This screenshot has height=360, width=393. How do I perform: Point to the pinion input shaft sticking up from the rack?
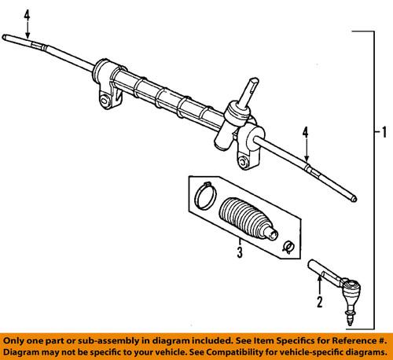pyautogui.click(x=248, y=87)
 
